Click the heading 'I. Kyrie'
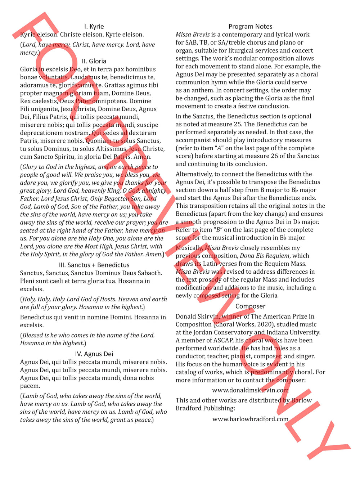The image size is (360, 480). coord(94,27)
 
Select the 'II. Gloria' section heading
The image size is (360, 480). coord(94,61)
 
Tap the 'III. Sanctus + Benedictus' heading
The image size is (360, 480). coord(94,265)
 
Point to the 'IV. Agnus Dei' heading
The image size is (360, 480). coord(94,354)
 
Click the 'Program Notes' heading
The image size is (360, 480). coord(250,27)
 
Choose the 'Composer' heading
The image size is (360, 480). coord(250,306)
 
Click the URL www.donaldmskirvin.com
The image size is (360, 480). coord(250,390)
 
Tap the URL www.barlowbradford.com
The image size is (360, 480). coord(250,419)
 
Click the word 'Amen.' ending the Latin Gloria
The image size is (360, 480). coord(142,157)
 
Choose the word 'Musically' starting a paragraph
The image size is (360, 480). coord(189,248)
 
